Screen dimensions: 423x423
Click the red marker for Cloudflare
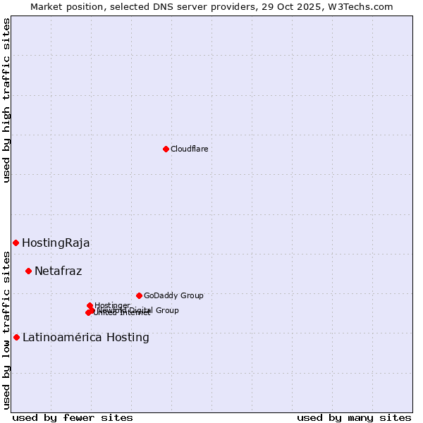click(x=166, y=149)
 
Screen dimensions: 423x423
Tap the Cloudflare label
click(x=189, y=149)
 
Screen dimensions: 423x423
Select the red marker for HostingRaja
click(x=16, y=243)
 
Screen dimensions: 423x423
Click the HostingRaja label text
click(x=56, y=243)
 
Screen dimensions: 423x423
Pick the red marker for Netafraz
click(x=28, y=271)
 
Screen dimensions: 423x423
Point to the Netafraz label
click(x=58, y=271)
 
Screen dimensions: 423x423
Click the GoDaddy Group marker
click(x=139, y=295)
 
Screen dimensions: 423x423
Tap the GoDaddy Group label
click(x=173, y=296)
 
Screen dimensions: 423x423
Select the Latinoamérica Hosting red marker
click(x=16, y=337)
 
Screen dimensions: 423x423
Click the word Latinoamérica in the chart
click(x=62, y=338)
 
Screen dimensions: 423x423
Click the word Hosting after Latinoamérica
click(x=128, y=338)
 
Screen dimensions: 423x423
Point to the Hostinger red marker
click(x=90, y=305)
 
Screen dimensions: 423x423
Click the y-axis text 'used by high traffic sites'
click(x=7, y=100)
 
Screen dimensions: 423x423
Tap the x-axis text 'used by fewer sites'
click(x=73, y=417)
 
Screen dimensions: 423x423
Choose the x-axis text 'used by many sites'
click(x=354, y=417)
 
